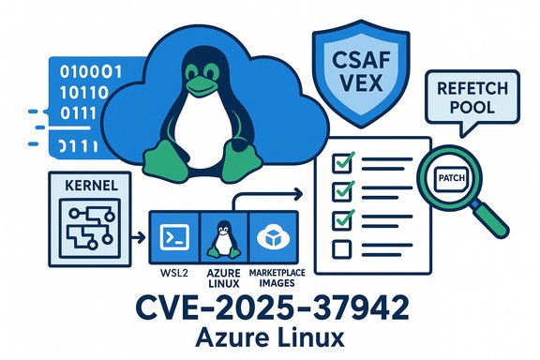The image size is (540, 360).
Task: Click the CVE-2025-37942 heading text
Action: tap(269, 307)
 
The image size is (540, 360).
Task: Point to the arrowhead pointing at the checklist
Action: tap(297, 194)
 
